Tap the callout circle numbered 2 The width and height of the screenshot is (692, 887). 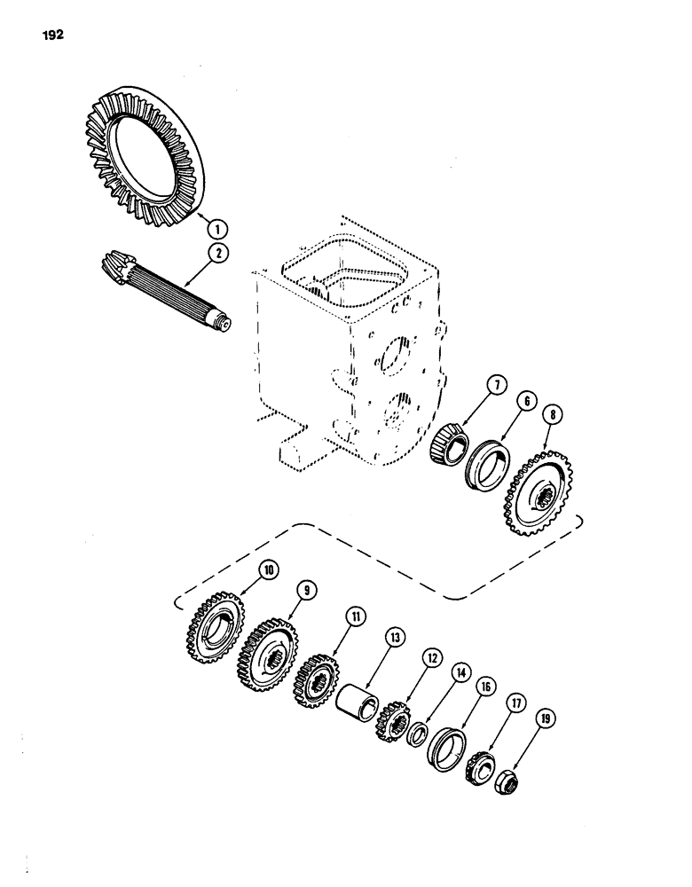point(216,254)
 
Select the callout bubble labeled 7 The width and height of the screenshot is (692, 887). point(496,387)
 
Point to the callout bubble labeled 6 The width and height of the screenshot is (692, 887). point(530,402)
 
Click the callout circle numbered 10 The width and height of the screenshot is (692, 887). point(267,568)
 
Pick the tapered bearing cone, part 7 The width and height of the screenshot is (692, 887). point(450,441)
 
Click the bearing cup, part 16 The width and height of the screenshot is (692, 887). point(447,749)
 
